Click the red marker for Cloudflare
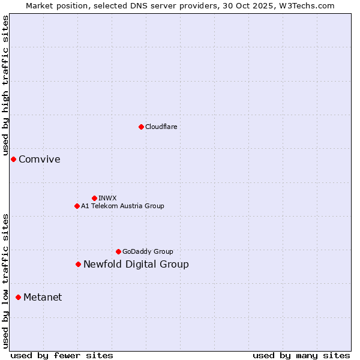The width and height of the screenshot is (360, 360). (x=141, y=127)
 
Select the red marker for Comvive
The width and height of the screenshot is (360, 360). (x=13, y=159)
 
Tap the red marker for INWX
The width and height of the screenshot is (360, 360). (x=94, y=198)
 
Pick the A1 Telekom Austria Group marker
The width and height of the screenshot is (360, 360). (x=77, y=206)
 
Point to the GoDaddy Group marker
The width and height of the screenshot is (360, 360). (x=118, y=251)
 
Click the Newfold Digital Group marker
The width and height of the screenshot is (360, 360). (x=78, y=264)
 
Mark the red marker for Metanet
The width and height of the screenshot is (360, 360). (x=18, y=297)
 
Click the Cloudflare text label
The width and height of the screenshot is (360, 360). (x=161, y=127)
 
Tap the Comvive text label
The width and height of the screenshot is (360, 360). (x=40, y=159)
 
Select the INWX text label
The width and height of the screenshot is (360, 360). (x=107, y=198)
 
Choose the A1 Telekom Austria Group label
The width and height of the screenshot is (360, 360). (x=122, y=206)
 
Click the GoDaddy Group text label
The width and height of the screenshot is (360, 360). (x=148, y=251)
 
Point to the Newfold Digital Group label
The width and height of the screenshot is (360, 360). (x=136, y=264)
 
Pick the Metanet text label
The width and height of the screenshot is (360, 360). (x=43, y=297)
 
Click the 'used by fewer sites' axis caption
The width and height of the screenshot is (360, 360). (x=62, y=355)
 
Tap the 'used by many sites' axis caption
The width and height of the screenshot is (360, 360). (x=301, y=355)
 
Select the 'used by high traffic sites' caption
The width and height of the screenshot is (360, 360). (x=5, y=86)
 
